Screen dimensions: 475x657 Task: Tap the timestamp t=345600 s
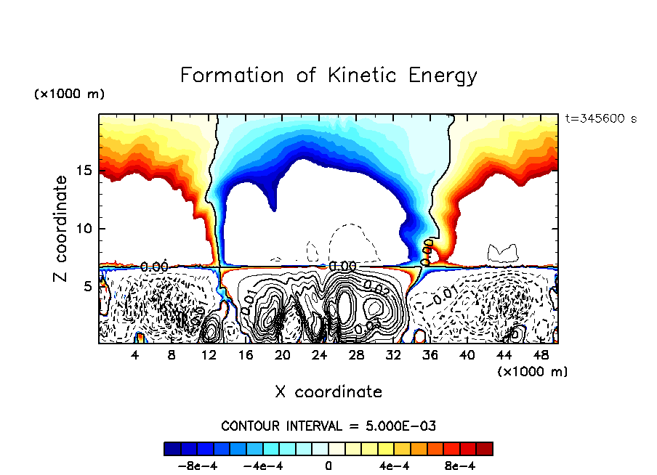pos(600,118)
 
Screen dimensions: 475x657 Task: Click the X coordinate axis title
pos(328,392)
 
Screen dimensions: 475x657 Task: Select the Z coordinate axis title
pos(60,229)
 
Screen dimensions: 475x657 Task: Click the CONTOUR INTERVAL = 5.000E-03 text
pos(328,426)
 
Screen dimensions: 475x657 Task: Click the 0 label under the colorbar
pos(328,465)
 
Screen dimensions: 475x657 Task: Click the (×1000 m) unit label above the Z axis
pos(68,94)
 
